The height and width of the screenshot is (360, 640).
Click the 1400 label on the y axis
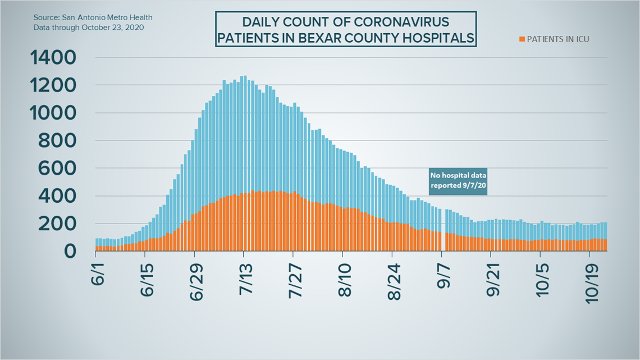[x=53, y=57]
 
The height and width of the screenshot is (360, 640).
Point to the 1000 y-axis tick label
[x=53, y=113]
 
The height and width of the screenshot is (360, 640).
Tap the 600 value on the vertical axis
[x=57, y=168]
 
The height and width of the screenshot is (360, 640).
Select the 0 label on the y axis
[x=70, y=252]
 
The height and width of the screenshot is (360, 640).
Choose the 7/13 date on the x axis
[x=246, y=280]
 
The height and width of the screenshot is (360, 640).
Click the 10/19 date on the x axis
[x=592, y=283]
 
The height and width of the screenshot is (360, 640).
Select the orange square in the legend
[x=522, y=39]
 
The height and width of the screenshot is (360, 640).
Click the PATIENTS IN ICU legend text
[x=558, y=39]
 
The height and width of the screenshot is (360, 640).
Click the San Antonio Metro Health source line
[x=93, y=17]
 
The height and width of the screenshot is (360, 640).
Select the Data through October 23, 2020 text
[x=89, y=28]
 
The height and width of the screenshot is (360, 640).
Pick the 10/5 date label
[x=542, y=280]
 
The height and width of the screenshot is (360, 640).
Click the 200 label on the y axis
[x=57, y=224]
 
